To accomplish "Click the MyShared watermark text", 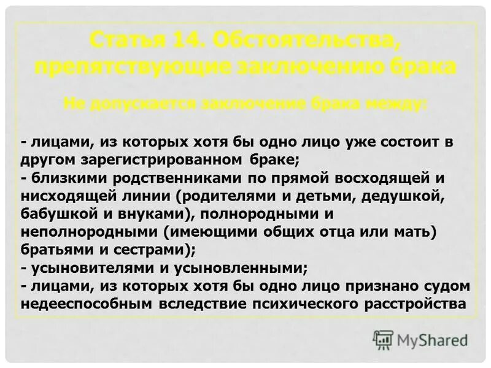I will (432, 339).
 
